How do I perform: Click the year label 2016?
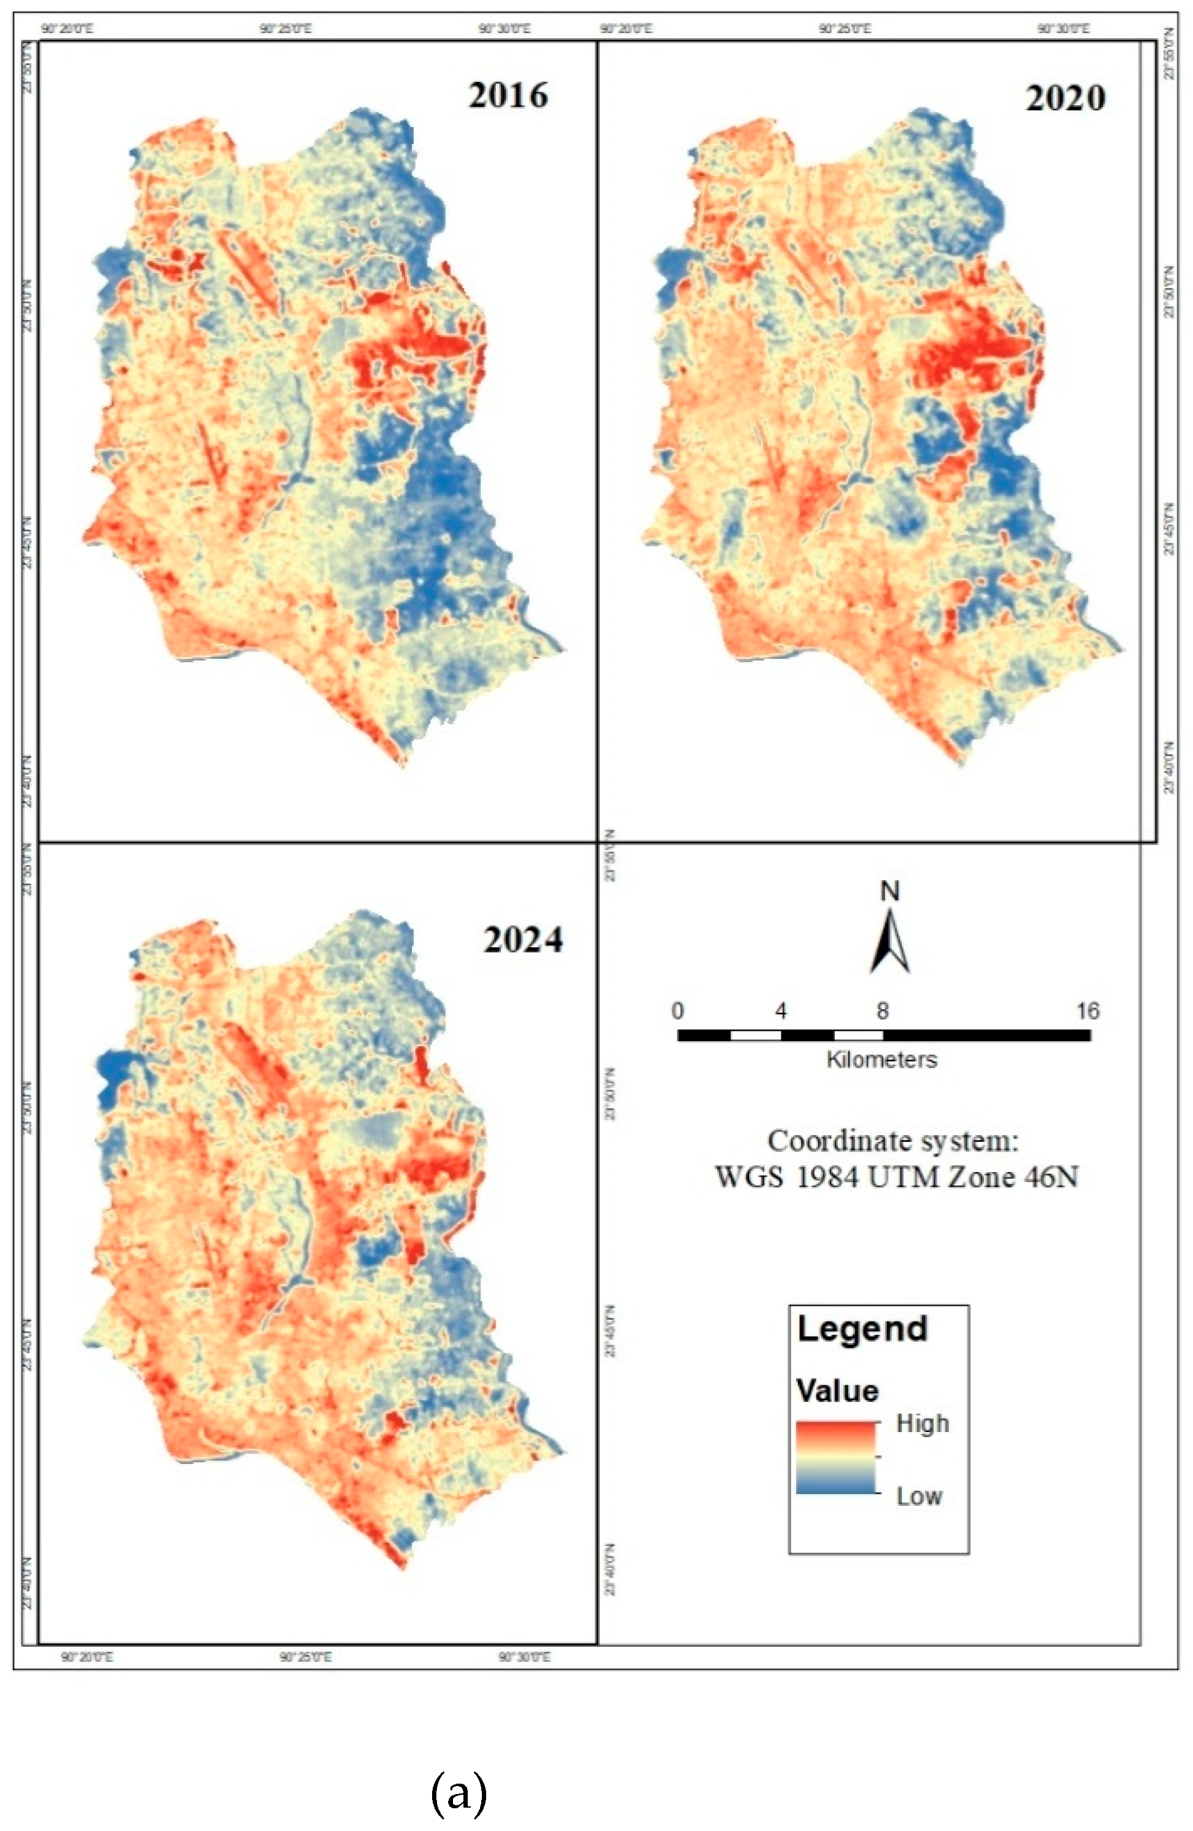point(508,95)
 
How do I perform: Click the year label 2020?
point(1065,98)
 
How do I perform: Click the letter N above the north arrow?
point(890,892)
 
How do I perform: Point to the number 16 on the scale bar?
point(1088,1010)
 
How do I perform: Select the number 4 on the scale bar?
point(781,1010)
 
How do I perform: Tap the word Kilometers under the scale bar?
point(882,1060)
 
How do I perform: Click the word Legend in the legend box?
point(862,1329)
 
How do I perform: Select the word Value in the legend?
point(838,1391)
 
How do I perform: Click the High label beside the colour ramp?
point(922,1423)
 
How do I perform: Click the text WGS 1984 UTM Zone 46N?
point(896,1177)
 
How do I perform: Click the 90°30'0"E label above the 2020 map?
point(1064,30)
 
